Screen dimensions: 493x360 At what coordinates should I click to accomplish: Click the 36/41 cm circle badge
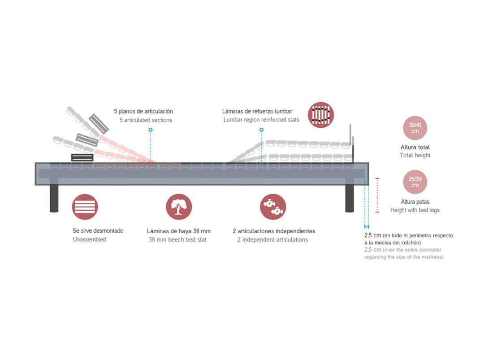pyautogui.click(x=415, y=128)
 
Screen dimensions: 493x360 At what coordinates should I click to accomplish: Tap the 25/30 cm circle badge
pyautogui.click(x=415, y=182)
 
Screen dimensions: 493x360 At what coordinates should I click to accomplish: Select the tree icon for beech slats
pyautogui.click(x=178, y=207)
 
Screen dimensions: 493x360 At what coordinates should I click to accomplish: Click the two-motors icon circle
pyautogui.click(x=273, y=207)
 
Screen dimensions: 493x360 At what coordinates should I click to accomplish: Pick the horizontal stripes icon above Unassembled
pyautogui.click(x=85, y=207)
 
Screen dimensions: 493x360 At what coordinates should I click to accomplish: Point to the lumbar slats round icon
pyautogui.click(x=321, y=115)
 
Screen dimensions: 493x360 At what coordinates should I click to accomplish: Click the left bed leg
pyautogui.click(x=54, y=199)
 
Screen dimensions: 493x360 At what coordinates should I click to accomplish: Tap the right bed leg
pyautogui.click(x=350, y=199)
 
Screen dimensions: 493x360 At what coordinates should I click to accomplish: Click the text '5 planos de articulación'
pyautogui.click(x=143, y=111)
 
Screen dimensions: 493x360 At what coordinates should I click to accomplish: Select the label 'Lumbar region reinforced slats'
pyautogui.click(x=261, y=120)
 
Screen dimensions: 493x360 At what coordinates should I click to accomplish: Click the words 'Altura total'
pyautogui.click(x=415, y=147)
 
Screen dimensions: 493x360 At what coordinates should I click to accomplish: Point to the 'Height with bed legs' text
pyautogui.click(x=415, y=210)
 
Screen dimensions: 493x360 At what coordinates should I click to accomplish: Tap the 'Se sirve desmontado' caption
pyautogui.click(x=98, y=231)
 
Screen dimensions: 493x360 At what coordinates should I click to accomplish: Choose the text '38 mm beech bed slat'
pyautogui.click(x=177, y=239)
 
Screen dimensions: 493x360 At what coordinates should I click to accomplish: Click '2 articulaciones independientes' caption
pyautogui.click(x=274, y=231)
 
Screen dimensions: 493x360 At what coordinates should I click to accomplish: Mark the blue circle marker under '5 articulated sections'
pyautogui.click(x=151, y=130)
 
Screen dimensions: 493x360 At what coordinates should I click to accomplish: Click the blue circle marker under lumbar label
pyautogui.click(x=261, y=130)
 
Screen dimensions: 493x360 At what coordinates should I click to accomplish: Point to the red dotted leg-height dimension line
pyautogui.click(x=377, y=195)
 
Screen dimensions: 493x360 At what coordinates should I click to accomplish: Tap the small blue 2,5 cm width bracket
pyautogui.click(x=367, y=227)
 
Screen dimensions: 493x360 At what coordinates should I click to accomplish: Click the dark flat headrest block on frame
pyautogui.click(x=82, y=157)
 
